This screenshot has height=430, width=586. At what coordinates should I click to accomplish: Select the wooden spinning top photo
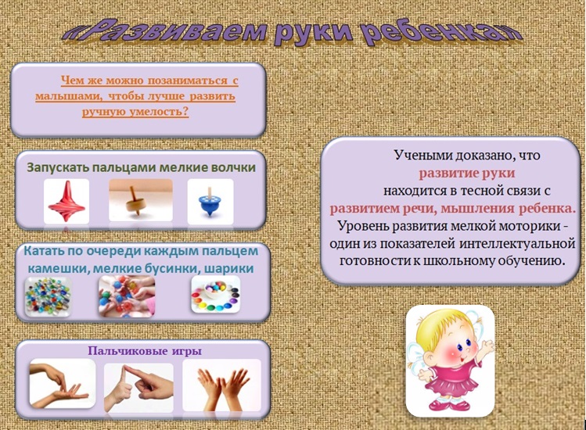click(x=141, y=200)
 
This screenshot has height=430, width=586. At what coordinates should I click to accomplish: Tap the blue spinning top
click(x=210, y=202)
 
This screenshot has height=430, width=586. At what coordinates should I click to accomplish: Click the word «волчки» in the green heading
click(x=234, y=167)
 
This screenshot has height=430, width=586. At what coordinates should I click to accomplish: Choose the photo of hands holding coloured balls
click(x=126, y=296)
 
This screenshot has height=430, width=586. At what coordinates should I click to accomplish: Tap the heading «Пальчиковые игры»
click(x=145, y=351)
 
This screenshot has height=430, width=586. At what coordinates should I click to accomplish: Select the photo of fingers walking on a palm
click(x=63, y=383)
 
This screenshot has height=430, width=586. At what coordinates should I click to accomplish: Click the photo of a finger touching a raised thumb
click(x=138, y=387)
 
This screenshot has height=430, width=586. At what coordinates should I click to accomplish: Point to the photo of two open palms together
click(x=221, y=385)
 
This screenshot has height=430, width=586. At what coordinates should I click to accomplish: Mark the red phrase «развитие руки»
click(x=467, y=174)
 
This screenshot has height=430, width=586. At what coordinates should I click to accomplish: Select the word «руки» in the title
click(x=314, y=32)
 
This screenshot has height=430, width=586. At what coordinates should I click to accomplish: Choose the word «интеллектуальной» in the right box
click(x=517, y=244)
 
